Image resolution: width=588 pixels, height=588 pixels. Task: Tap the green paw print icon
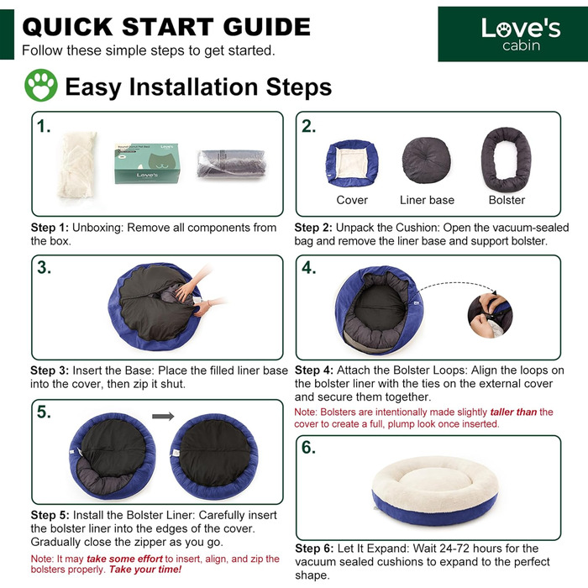click(x=41, y=85)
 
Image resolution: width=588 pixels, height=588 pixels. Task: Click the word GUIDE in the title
click(x=266, y=27)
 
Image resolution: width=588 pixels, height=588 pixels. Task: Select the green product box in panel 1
click(x=147, y=163)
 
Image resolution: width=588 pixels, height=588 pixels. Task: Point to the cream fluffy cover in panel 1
click(x=77, y=165)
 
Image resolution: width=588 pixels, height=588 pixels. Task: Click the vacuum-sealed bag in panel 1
click(x=231, y=164)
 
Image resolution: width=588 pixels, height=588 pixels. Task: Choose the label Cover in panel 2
click(x=352, y=200)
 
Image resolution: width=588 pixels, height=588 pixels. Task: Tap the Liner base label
click(x=427, y=200)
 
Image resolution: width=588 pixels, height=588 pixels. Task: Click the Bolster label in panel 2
click(x=507, y=200)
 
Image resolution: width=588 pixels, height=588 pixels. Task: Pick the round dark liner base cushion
click(x=427, y=160)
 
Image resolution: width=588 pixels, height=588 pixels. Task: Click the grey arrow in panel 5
click(x=163, y=416)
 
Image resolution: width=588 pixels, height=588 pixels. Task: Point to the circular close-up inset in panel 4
click(x=490, y=316)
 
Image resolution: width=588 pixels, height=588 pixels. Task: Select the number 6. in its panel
click(x=308, y=448)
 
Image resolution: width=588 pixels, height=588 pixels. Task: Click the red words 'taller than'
click(x=513, y=412)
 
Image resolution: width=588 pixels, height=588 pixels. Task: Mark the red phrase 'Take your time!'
click(x=145, y=570)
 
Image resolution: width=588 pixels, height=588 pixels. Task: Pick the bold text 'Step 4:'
click(x=314, y=370)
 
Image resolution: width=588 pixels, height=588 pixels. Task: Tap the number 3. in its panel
click(x=44, y=267)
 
